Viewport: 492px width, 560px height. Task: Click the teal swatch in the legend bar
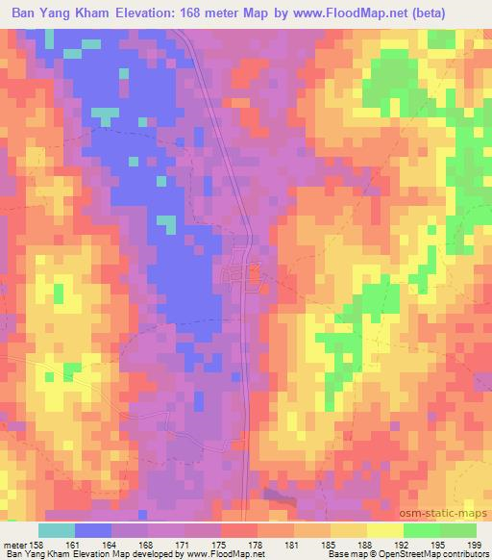tap(57, 530)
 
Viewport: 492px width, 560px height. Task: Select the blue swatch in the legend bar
tap(93, 530)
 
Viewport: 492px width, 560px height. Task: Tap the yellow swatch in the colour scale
tap(384, 530)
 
